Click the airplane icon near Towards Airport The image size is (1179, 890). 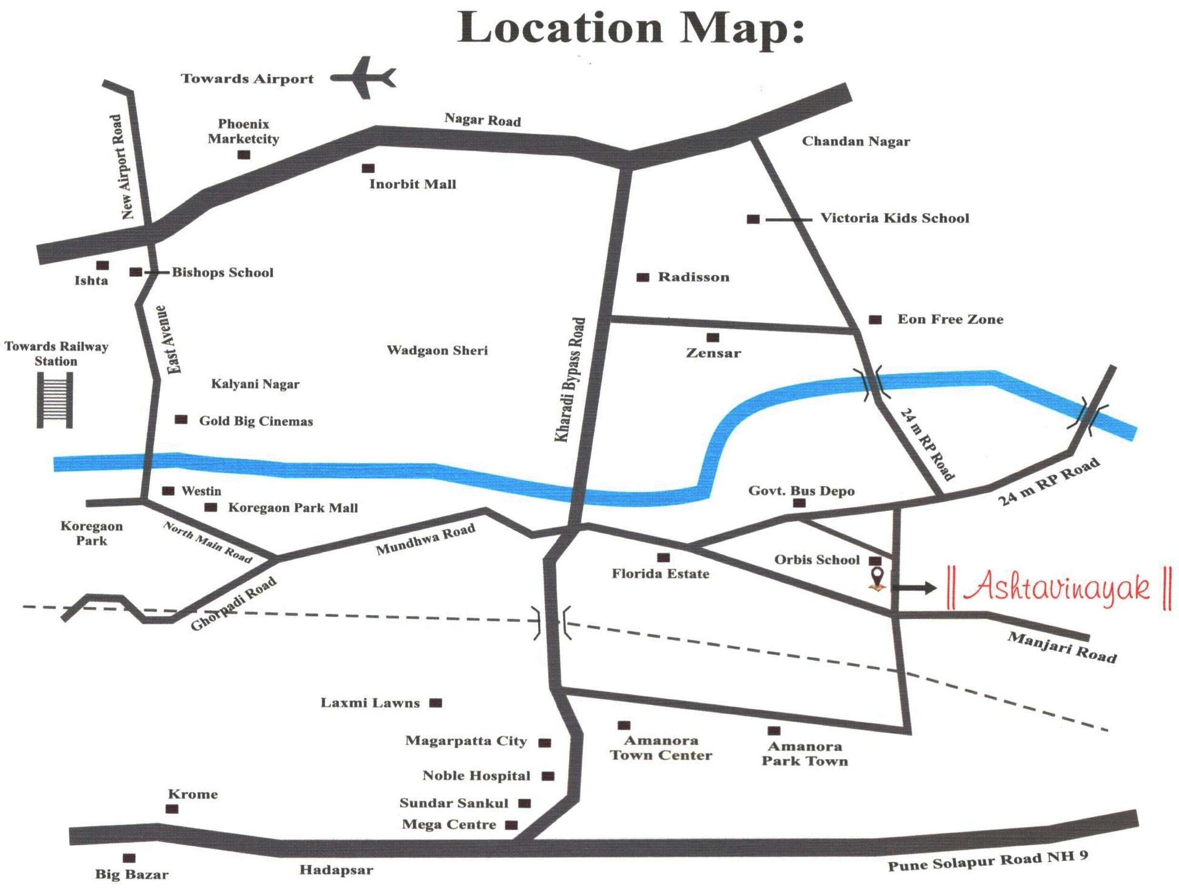point(364,78)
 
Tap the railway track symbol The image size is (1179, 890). point(55,400)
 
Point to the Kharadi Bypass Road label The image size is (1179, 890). point(570,379)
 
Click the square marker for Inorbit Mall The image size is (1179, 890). point(368,168)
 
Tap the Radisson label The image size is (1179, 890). point(694,277)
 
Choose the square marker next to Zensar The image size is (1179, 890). point(713,338)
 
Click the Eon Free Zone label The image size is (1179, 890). point(950,319)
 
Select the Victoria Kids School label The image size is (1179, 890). point(895,218)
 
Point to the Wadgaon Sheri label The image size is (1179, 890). point(437,350)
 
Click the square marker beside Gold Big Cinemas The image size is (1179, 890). point(181,419)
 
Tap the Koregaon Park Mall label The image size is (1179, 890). point(293,508)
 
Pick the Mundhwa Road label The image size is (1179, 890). point(425,540)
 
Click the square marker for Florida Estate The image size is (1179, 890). point(663,558)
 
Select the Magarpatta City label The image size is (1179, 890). point(466,741)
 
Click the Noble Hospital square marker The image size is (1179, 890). point(548,776)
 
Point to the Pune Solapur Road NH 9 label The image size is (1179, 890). point(987,860)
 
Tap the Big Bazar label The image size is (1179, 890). point(131,875)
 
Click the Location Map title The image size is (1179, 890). point(631,28)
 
